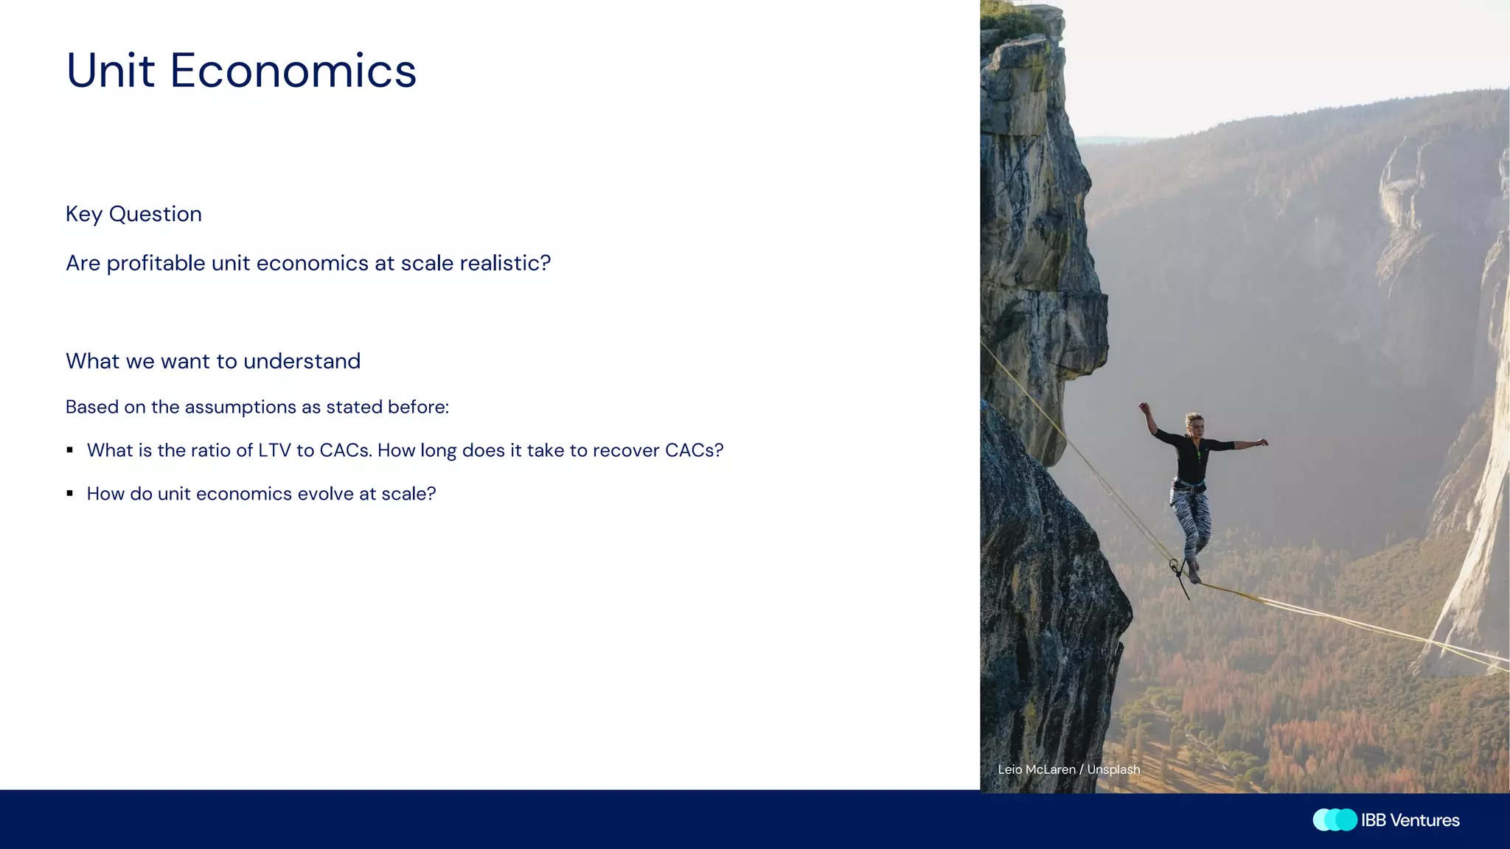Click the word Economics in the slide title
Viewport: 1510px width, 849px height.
[x=293, y=71]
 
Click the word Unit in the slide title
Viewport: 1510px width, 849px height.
[x=111, y=71]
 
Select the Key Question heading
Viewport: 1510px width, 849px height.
[x=133, y=214]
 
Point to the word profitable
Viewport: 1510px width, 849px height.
[x=156, y=263]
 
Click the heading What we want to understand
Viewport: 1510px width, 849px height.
[x=213, y=361]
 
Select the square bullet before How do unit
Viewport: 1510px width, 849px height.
[x=70, y=494]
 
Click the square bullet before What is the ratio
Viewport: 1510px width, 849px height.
[x=70, y=450]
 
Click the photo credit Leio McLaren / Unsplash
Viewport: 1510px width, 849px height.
[x=1068, y=769]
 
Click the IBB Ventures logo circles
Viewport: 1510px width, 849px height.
[x=1335, y=820]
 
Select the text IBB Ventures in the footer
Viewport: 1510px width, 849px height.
[x=1410, y=820]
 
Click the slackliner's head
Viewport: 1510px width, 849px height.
[x=1194, y=423]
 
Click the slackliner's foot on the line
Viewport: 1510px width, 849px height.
[x=1194, y=574]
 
